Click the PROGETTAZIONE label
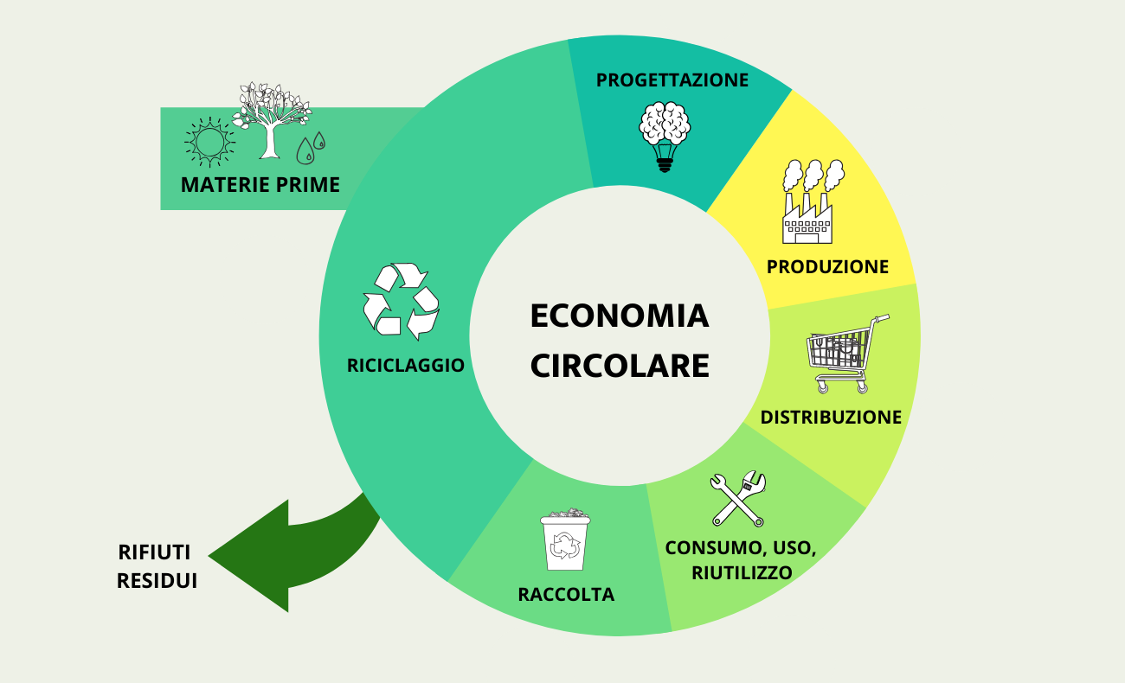click(672, 80)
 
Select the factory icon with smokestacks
click(813, 201)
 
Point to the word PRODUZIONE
click(827, 267)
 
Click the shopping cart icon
click(846, 354)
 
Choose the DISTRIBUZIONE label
click(831, 418)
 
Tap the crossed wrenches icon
click(738, 498)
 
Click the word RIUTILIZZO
click(742, 572)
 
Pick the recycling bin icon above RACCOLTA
click(565, 539)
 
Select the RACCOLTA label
click(566, 595)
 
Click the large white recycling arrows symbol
click(401, 301)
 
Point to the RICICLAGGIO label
click(405, 366)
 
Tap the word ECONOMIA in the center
click(620, 316)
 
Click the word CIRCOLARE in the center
click(620, 366)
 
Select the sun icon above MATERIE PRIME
click(209, 143)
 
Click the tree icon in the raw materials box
click(271, 120)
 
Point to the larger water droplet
click(305, 151)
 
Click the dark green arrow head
click(249, 556)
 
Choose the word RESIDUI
click(157, 581)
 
